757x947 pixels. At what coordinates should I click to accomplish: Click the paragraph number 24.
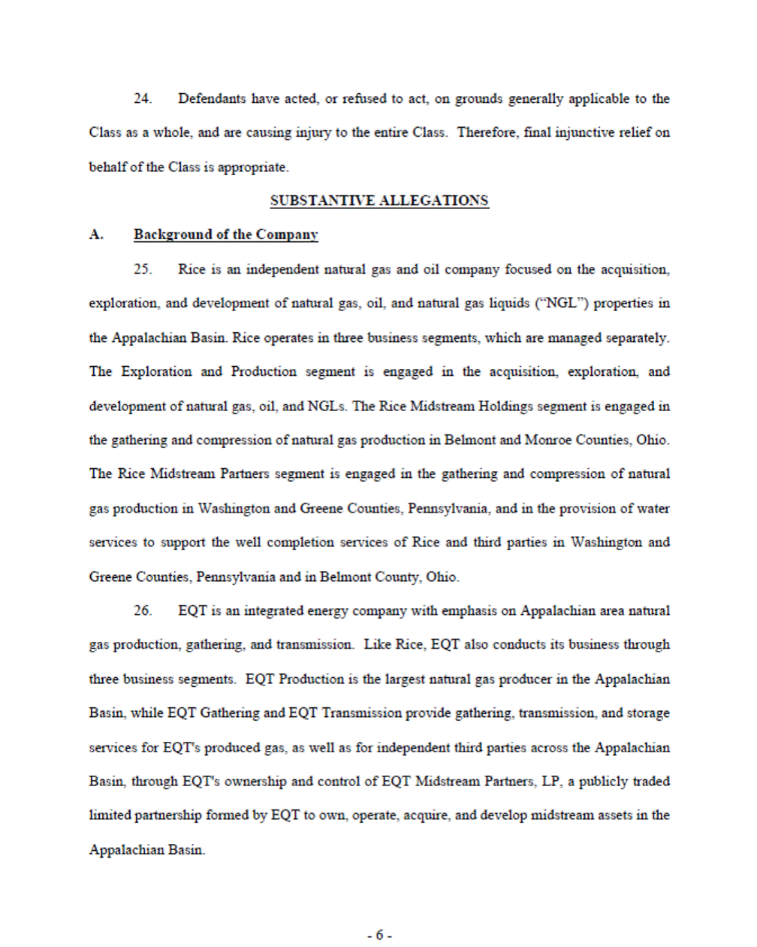[142, 98]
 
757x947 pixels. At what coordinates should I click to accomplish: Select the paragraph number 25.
[142, 269]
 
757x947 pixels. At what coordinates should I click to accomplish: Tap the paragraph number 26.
[142, 610]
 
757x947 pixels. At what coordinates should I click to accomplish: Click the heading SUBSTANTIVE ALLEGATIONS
[379, 201]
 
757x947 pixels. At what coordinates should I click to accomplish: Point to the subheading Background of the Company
[225, 234]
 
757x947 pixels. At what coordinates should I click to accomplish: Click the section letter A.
[96, 234]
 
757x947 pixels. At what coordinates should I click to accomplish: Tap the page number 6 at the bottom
[379, 935]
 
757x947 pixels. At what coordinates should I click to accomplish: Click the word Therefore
[488, 132]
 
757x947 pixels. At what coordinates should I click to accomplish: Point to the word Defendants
[212, 98]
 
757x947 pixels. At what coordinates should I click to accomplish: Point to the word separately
[638, 337]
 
